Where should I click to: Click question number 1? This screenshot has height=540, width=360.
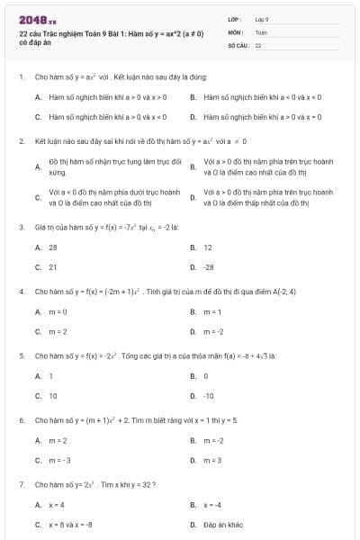click(21, 78)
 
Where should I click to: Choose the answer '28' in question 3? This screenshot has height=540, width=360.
click(53, 247)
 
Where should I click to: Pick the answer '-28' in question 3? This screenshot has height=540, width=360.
click(209, 267)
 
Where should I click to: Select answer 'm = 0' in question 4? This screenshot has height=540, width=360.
click(58, 311)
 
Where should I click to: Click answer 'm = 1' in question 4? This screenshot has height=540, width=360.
click(212, 311)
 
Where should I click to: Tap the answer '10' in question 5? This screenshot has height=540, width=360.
click(53, 396)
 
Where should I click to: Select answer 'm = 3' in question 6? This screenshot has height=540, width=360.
click(212, 460)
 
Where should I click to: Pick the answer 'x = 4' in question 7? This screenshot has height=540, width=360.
click(57, 504)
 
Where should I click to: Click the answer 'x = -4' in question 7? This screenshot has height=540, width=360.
click(212, 504)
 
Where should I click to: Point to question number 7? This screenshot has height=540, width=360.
click(21, 484)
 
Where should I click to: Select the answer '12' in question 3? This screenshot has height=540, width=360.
click(208, 247)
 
